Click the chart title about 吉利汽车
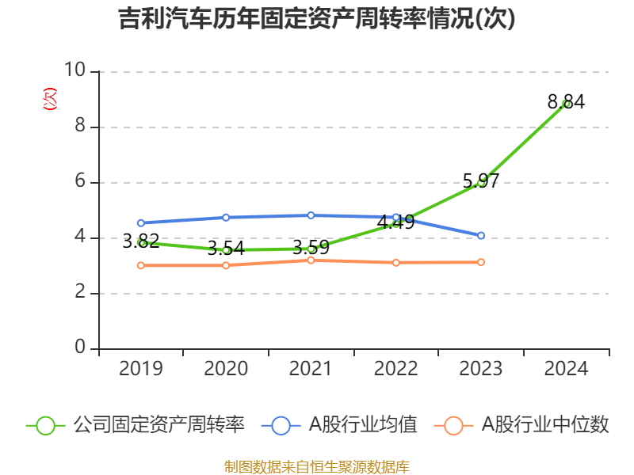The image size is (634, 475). pos(317,18)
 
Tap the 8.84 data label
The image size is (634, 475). pos(566,101)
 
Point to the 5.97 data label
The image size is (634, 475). pos(481,180)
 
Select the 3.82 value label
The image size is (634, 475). pos(141,241)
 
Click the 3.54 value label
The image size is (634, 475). pos(226,248)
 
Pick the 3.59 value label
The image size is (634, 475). pos(311,247)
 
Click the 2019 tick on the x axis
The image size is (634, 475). pos(141,368)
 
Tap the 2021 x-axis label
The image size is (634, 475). pos(311,368)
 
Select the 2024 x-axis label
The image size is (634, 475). pos(566,368)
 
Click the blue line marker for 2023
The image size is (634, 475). pos(481,235)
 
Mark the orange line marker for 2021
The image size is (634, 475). pos(311,260)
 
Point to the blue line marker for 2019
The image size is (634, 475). pos(141,223)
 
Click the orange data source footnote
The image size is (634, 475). pos(317,466)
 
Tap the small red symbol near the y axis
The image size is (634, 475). pos(49,99)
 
